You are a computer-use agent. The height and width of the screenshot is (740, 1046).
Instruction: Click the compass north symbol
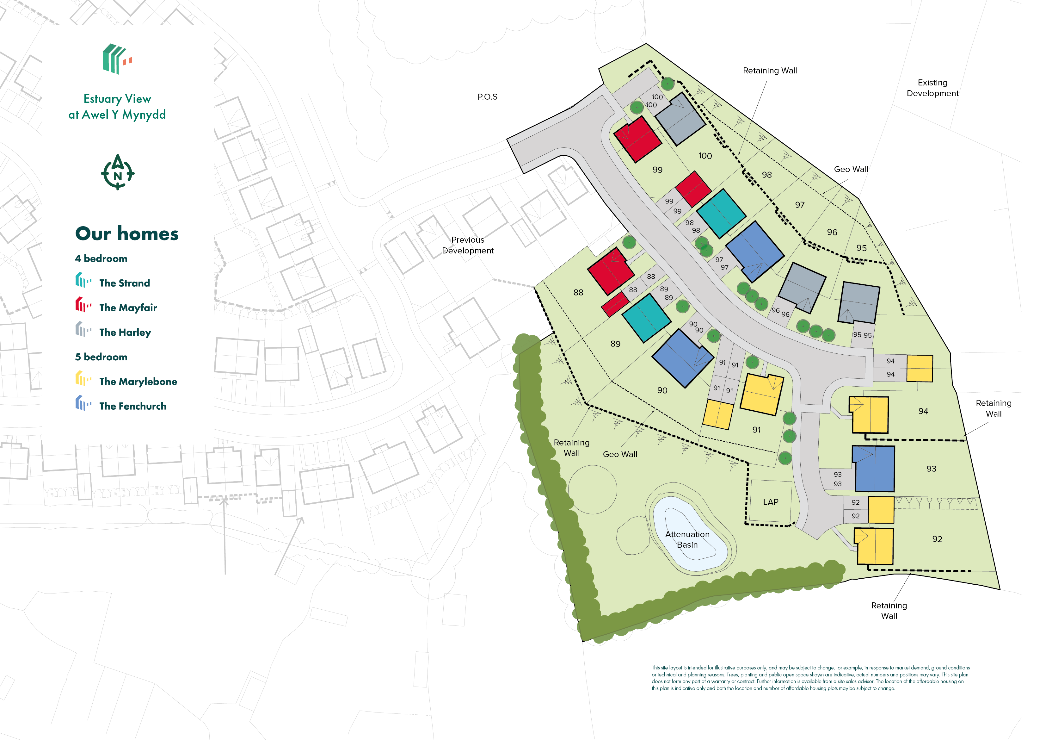click(x=118, y=172)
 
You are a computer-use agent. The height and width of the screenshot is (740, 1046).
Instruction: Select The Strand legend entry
click(x=124, y=283)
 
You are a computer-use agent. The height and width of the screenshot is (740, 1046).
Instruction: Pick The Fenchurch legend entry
click(x=132, y=406)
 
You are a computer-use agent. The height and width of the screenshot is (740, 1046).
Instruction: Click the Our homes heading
click(x=127, y=233)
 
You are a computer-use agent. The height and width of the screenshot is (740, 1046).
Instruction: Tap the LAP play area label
click(x=770, y=502)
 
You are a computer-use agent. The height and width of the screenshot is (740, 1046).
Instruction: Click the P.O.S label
click(x=487, y=97)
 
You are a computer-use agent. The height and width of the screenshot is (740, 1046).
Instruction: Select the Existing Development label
click(x=932, y=88)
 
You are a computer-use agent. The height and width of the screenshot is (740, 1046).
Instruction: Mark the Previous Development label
click(x=467, y=245)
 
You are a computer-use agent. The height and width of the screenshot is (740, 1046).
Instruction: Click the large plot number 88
click(x=578, y=293)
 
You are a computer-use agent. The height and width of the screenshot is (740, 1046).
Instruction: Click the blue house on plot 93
click(x=874, y=469)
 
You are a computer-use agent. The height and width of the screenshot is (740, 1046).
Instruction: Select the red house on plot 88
click(x=611, y=271)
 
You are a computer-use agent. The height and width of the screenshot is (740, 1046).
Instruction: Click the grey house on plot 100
click(x=680, y=120)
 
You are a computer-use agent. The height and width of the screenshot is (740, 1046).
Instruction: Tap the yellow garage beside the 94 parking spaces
click(x=919, y=368)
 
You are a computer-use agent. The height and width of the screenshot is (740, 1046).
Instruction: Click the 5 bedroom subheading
click(x=101, y=357)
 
